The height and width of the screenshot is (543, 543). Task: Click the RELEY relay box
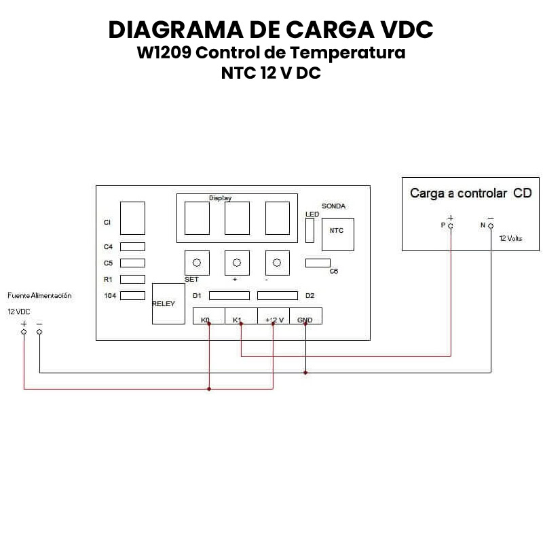(168, 303)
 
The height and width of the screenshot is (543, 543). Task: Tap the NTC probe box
(337, 230)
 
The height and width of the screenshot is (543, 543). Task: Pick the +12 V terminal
(273, 316)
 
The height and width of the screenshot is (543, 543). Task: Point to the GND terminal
(305, 316)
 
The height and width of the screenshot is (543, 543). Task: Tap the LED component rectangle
(310, 231)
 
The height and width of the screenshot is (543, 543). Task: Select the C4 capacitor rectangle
(132, 247)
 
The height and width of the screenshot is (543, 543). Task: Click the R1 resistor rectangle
(132, 279)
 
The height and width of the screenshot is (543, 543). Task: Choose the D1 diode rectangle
(229, 295)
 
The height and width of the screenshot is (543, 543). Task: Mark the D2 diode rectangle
(277, 295)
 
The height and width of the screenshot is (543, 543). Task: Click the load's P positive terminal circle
(450, 225)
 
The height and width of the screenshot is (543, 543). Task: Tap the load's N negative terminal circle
(491, 225)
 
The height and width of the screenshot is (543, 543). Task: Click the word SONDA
(333, 206)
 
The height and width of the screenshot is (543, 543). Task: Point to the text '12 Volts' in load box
(511, 239)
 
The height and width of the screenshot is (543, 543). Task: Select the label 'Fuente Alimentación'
(39, 296)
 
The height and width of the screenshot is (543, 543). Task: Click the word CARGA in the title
(325, 30)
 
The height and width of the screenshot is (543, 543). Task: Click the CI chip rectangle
(132, 219)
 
